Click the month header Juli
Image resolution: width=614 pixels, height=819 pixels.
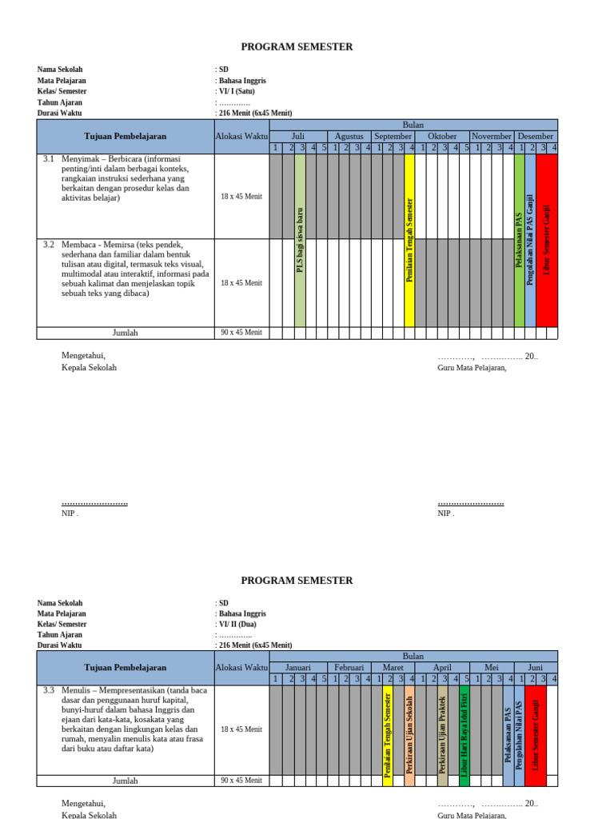(x=298, y=136)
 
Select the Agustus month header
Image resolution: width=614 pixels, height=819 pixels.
(x=349, y=136)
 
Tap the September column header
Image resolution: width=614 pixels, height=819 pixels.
(x=393, y=136)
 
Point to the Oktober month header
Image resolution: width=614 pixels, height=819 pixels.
(x=442, y=136)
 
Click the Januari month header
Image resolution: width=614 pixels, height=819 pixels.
(x=297, y=667)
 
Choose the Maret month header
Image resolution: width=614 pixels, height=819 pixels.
(x=393, y=667)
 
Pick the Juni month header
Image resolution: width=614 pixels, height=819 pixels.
(x=536, y=667)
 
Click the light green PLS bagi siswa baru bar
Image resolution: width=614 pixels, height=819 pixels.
(x=300, y=240)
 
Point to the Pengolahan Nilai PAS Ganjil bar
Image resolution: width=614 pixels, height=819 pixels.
(x=530, y=240)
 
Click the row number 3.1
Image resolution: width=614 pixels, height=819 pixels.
(x=49, y=160)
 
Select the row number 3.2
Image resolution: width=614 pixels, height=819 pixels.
(x=49, y=245)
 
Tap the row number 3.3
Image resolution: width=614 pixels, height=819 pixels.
(x=49, y=690)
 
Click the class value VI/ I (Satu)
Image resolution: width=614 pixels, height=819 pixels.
(x=241, y=92)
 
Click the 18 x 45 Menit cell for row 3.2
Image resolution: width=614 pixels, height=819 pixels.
(x=241, y=283)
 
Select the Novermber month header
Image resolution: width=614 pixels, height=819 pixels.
(x=492, y=136)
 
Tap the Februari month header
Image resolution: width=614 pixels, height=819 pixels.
(x=349, y=667)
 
